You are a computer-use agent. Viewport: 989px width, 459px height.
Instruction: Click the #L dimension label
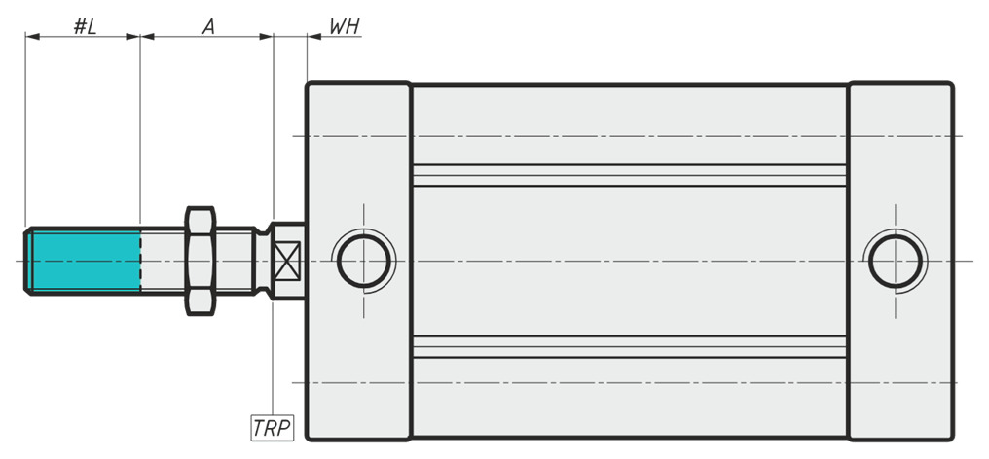point(85,26)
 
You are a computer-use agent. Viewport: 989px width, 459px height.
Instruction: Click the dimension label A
point(208,26)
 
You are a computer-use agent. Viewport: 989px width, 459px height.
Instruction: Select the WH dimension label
point(345,26)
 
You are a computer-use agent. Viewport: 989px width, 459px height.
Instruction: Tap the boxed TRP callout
point(272,428)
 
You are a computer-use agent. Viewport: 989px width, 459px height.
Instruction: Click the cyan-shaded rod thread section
point(86,261)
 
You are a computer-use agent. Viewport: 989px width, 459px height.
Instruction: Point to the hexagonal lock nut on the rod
point(201,261)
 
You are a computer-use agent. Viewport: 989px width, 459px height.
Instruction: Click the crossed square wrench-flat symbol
point(287,261)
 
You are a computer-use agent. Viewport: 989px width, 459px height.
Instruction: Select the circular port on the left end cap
point(363,261)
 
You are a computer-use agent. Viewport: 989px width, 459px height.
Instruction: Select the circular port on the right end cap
point(895,261)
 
